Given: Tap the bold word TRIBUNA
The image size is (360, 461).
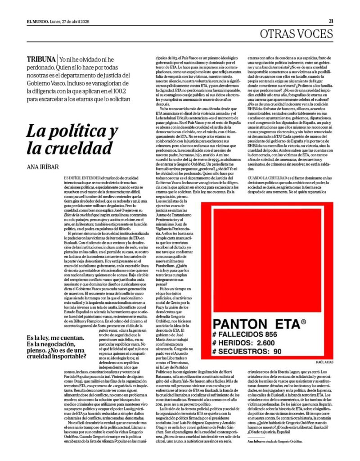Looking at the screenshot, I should point(41,59).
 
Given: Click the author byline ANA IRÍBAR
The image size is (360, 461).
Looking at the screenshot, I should point(44,167).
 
